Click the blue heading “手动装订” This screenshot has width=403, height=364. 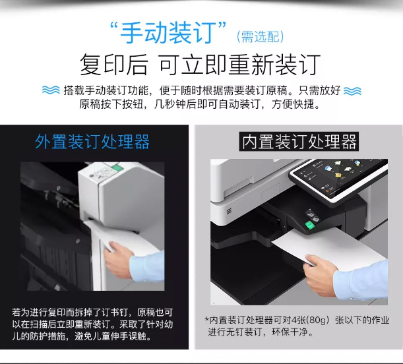pyautogui.click(x=168, y=32)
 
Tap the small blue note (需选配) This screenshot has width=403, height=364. pyautogui.click(x=260, y=37)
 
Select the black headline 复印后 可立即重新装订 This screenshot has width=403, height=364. pyautogui.click(x=200, y=65)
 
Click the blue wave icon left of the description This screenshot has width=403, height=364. pyautogui.click(x=51, y=90)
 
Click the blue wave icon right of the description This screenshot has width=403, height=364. pyautogui.click(x=352, y=91)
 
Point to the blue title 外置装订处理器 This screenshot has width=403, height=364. pyautogui.click(x=92, y=142)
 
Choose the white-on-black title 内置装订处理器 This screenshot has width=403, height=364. pyautogui.click(x=299, y=142)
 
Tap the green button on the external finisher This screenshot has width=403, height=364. pyautogui.click(x=117, y=168)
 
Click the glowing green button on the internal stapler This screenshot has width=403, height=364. pyautogui.click(x=310, y=225)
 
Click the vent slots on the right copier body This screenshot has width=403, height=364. pyautogui.click(x=229, y=211)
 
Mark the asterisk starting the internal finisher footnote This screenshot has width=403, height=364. pyautogui.click(x=206, y=319)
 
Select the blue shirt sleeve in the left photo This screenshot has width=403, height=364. pyautogui.click(x=147, y=267)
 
